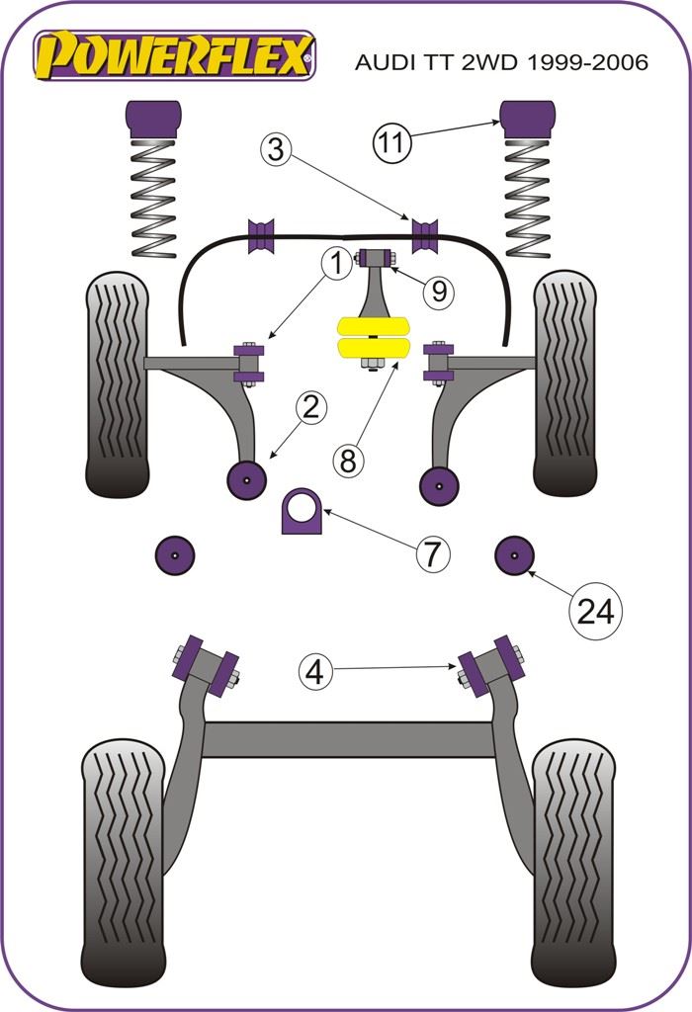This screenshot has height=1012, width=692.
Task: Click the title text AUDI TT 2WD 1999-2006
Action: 501,62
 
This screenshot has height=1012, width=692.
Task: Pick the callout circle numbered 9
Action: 438,292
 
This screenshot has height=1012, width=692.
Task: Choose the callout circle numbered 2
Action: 310,407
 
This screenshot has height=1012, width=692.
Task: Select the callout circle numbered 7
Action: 432,553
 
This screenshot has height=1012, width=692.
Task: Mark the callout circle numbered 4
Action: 315,673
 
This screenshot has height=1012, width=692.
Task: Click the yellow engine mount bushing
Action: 374,336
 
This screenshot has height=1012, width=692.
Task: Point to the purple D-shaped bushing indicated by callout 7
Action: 303,511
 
